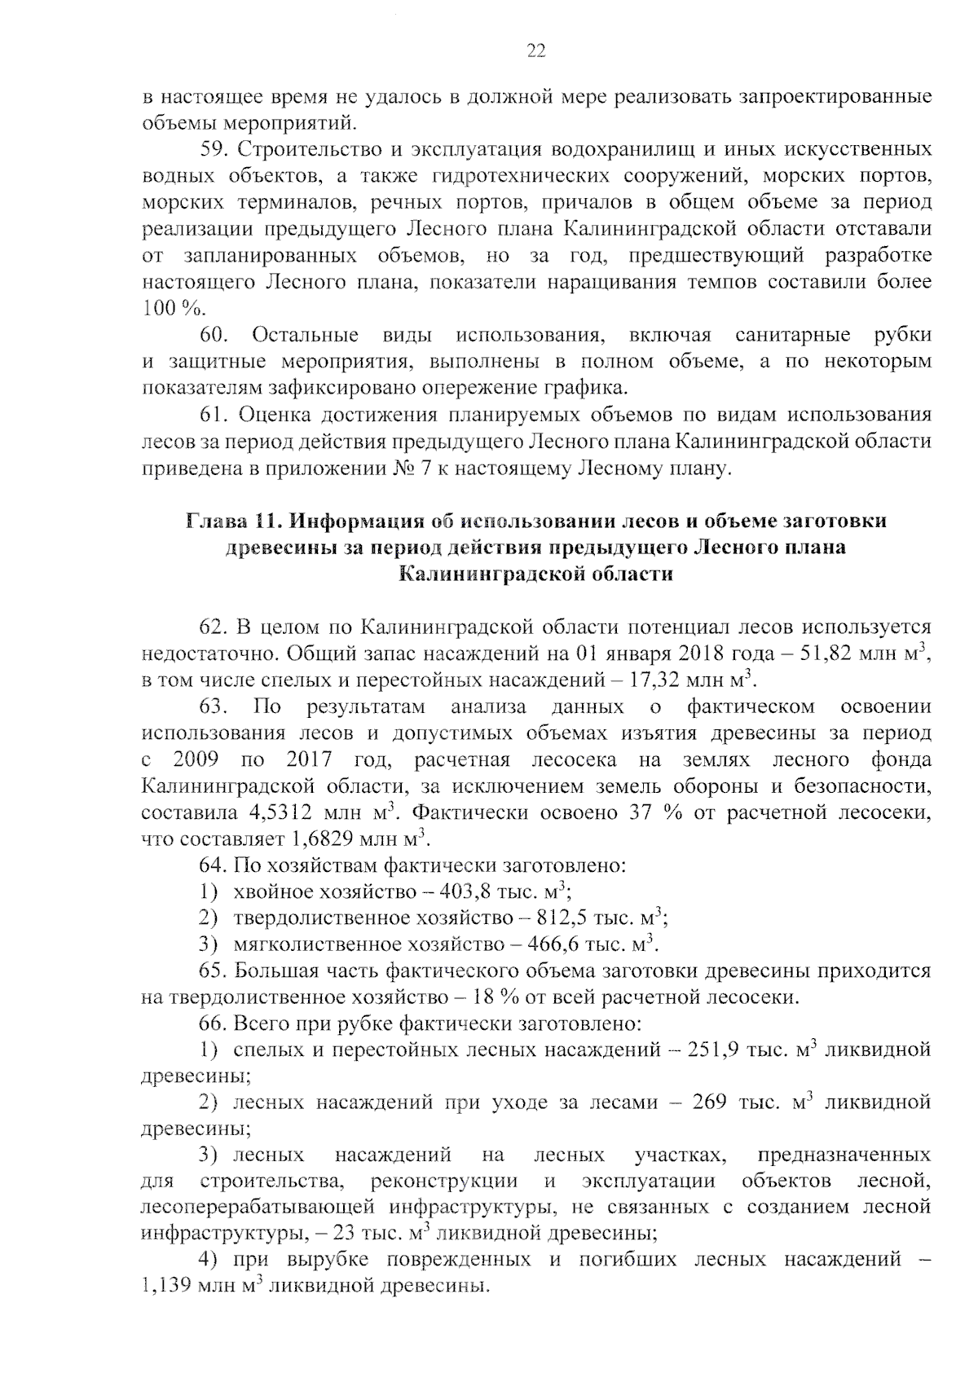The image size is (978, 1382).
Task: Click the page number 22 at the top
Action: pos(535,51)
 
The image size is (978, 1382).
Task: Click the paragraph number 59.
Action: pos(215,150)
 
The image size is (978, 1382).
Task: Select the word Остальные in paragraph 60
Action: pos(305,335)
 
